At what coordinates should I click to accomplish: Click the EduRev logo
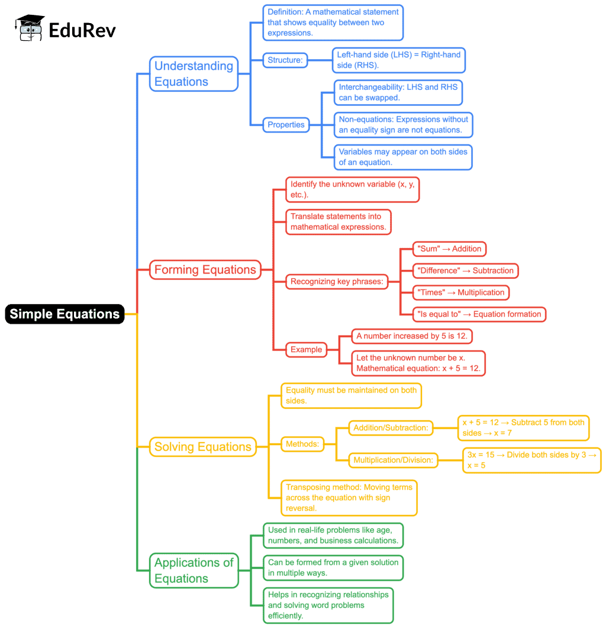pyautogui.click(x=66, y=28)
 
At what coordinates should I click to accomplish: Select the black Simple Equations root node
pyautogui.click(x=65, y=314)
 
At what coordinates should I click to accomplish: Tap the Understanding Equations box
pyautogui.click(x=194, y=74)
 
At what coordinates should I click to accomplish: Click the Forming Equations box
pyautogui.click(x=205, y=270)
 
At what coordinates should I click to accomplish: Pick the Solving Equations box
pyautogui.click(x=202, y=446)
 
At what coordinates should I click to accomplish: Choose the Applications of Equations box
pyautogui.click(x=194, y=571)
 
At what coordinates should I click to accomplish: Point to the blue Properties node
pyautogui.click(x=286, y=124)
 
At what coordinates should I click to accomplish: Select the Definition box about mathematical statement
pyautogui.click(x=333, y=22)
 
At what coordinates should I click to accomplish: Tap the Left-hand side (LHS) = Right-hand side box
pyautogui.click(x=398, y=60)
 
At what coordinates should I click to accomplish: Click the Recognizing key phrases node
pyautogui.click(x=336, y=282)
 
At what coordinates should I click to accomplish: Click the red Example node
pyautogui.click(x=307, y=349)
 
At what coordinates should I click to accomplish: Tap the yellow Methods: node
pyautogui.click(x=302, y=443)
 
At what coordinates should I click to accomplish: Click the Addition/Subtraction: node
pyautogui.click(x=391, y=427)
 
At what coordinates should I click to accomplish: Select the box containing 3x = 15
pyautogui.click(x=531, y=459)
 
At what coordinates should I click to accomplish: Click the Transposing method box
pyautogui.click(x=349, y=497)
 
